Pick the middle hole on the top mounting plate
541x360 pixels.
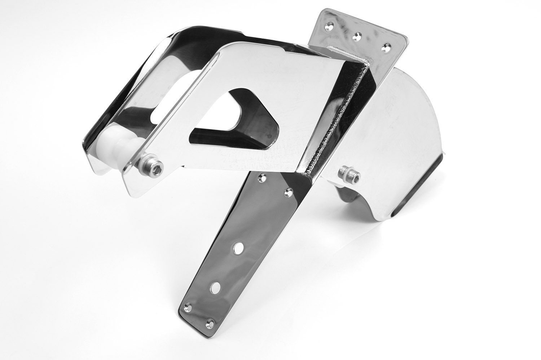pyautogui.click(x=358, y=36)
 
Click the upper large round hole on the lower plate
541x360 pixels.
pyautogui.click(x=238, y=249)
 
